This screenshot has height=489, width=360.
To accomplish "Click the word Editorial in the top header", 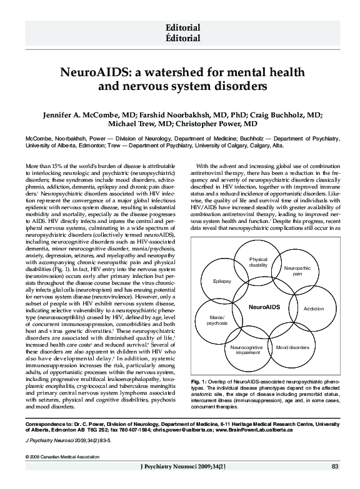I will [x=182, y=27].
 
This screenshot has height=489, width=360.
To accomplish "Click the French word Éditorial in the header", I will [x=182, y=38].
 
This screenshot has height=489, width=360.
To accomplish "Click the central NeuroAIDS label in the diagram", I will [x=264, y=308].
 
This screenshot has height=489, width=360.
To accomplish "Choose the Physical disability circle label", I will [x=258, y=262].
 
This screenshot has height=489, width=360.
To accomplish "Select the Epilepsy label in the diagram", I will [x=222, y=282].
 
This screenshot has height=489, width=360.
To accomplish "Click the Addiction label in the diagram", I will [x=313, y=309].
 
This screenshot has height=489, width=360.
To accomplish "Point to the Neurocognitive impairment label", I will [x=246, y=349].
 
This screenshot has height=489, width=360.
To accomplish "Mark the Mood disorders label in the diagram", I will [x=292, y=347].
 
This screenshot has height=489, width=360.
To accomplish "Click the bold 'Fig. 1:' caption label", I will [x=200, y=381].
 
